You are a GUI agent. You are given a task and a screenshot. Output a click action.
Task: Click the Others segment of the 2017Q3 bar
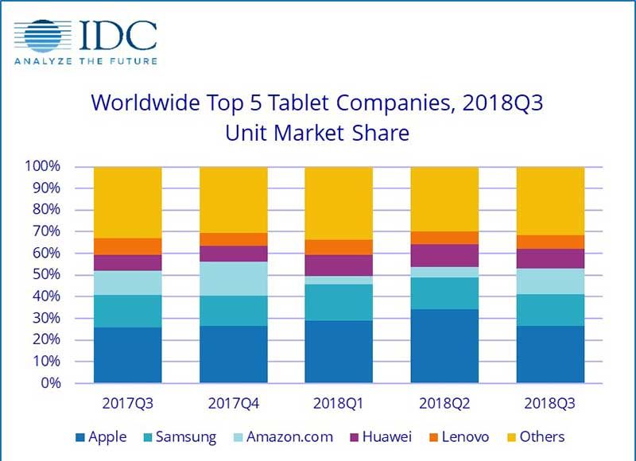tap(128, 203)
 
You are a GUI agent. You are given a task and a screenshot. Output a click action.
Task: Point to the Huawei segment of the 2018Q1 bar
tap(339, 265)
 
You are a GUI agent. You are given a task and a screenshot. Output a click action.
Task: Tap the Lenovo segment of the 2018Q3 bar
tap(550, 242)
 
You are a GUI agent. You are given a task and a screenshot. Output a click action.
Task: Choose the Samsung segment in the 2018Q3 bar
tap(550, 310)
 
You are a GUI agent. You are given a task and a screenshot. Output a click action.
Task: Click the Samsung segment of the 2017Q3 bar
tap(128, 311)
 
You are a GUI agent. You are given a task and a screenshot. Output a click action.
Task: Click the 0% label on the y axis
tap(50, 383)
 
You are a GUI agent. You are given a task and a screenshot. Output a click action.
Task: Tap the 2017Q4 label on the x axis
tap(233, 403)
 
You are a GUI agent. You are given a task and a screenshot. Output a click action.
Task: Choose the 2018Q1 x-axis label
tap(339, 403)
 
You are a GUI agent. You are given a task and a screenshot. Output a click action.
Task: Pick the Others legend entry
tap(535, 436)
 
